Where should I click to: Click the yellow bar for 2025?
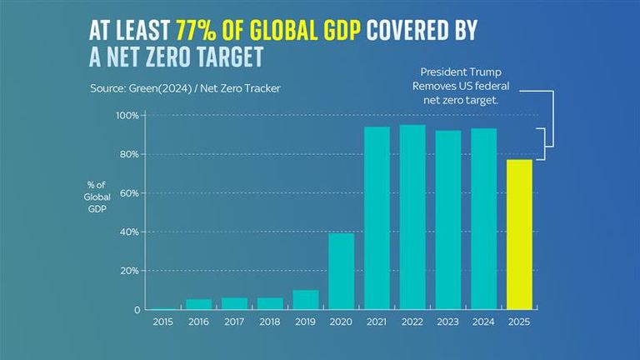(x=520, y=234)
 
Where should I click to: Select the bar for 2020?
(x=342, y=271)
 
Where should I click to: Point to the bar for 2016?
(x=198, y=304)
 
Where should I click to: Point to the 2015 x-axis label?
(x=162, y=321)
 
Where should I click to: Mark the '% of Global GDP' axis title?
(x=97, y=196)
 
